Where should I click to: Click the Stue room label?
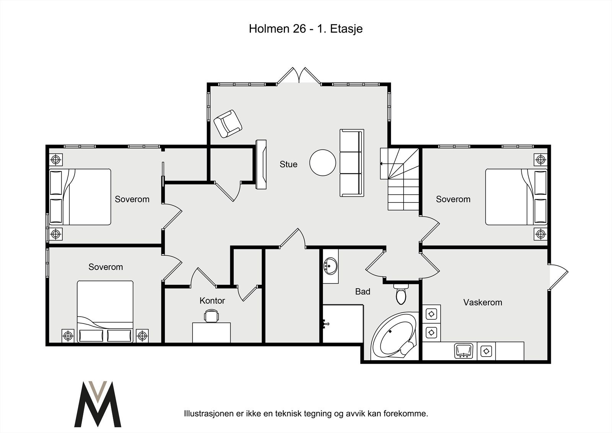[x=288, y=164]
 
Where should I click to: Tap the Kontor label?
[x=212, y=301]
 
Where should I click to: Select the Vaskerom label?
[x=482, y=302]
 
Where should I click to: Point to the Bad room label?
[x=363, y=292]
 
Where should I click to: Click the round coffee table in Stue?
[x=322, y=163]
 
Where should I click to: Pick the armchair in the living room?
[x=228, y=124]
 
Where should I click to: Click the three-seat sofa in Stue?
[x=352, y=163]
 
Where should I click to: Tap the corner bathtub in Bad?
[x=394, y=336]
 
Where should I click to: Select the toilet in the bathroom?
[x=401, y=294]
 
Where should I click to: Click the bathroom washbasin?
[x=330, y=266]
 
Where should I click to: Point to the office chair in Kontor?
[x=211, y=315]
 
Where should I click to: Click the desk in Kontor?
[x=212, y=333]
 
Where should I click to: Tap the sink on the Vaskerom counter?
[x=463, y=351]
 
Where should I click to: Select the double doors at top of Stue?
[x=299, y=75]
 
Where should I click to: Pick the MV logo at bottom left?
[x=98, y=404]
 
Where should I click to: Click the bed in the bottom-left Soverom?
[x=105, y=312]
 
